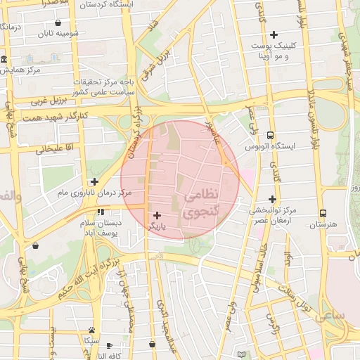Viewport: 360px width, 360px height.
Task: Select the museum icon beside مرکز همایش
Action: (x=4, y=59)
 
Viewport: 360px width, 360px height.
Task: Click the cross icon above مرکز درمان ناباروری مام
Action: (x=94, y=181)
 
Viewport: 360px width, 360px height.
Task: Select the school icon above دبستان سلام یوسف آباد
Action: (x=101, y=211)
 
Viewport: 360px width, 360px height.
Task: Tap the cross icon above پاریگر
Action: (x=156, y=215)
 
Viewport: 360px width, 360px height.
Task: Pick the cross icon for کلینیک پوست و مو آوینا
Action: (x=274, y=34)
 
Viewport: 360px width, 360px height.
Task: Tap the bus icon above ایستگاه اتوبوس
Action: (x=271, y=136)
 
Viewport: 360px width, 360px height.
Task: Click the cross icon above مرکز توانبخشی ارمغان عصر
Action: (x=272, y=199)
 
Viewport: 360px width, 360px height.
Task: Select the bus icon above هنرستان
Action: (x=323, y=213)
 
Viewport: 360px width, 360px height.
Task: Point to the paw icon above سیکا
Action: (x=91, y=329)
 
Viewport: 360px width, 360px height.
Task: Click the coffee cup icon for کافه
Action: (x=109, y=345)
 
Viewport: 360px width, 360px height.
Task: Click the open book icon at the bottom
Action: (x=243, y=354)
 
